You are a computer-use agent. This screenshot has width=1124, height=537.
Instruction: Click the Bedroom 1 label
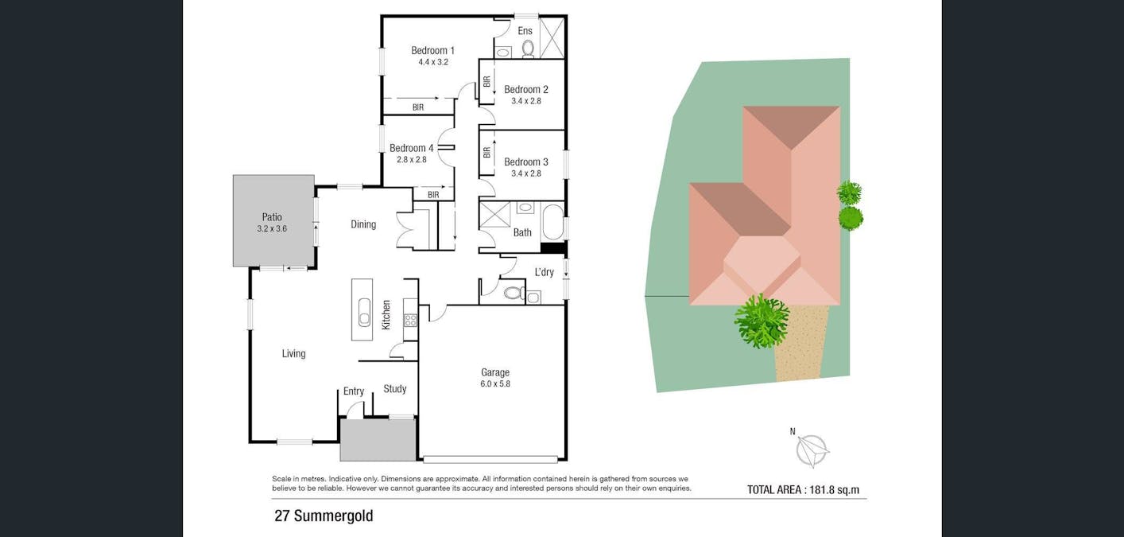[432, 50]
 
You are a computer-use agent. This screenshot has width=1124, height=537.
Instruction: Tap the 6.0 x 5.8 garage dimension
[494, 383]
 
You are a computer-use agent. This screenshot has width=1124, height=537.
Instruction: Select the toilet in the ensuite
[528, 49]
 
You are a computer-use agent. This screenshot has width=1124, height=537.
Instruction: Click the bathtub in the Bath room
[552, 222]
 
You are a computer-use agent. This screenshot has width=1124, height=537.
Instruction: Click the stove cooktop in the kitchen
[410, 321]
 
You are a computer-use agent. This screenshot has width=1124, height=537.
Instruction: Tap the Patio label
[272, 217]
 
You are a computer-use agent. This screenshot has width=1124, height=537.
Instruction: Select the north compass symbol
[812, 450]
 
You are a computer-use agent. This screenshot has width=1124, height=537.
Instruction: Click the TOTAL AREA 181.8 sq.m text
[803, 490]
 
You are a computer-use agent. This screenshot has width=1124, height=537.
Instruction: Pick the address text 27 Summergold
[324, 516]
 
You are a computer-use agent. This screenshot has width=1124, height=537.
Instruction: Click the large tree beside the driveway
[762, 321]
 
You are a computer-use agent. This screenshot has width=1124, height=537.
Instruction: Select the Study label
[394, 389]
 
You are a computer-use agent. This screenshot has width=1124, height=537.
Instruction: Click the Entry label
[354, 391]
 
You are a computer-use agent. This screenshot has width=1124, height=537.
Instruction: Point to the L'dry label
[544, 272]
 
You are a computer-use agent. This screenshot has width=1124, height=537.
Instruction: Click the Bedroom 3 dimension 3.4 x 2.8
[525, 173]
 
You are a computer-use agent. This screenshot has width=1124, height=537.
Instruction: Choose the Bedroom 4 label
[411, 148]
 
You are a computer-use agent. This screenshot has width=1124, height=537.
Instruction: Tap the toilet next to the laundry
[513, 294]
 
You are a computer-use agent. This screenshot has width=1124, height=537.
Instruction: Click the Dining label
[363, 224]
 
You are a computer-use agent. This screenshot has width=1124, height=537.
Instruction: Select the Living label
[293, 354]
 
